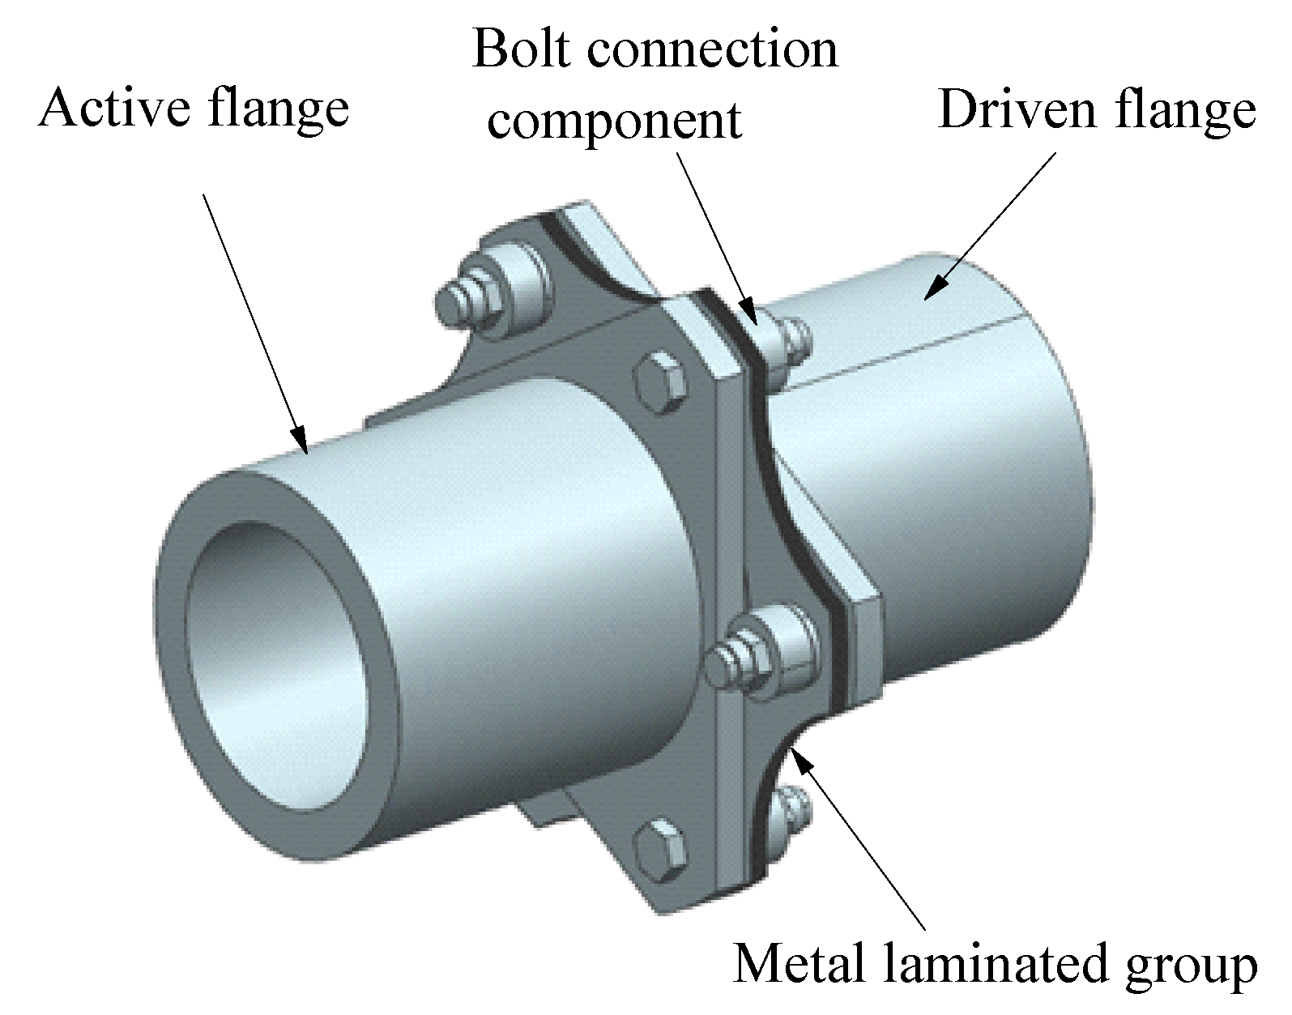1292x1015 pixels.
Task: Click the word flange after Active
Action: pyautogui.click(x=276, y=109)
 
